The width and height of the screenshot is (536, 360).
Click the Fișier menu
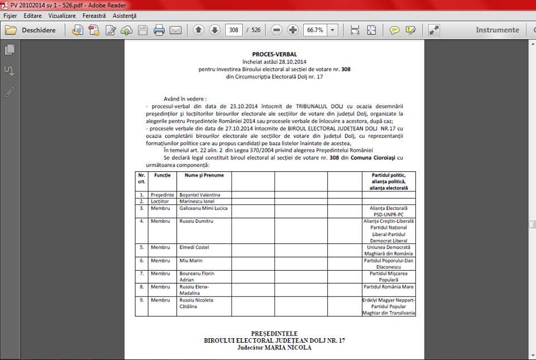coord(10,16)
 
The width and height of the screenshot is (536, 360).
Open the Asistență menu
coord(124,16)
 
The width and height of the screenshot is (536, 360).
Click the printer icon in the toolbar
coord(159,30)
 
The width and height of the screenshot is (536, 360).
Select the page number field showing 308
coord(234,30)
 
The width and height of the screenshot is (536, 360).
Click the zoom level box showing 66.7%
coord(315,30)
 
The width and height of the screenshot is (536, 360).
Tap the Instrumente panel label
coord(497,30)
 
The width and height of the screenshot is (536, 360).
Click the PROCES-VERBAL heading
coord(274,54)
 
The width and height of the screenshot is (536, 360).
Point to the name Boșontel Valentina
coord(199,195)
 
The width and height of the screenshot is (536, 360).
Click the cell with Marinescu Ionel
coord(198,201)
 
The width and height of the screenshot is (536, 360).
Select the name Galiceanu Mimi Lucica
coord(203,208)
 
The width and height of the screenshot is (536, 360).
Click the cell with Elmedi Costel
coord(194,247)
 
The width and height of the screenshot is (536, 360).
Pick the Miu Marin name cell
coord(191,261)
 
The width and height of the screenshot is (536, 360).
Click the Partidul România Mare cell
coord(389,287)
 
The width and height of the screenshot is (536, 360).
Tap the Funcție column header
coord(162,175)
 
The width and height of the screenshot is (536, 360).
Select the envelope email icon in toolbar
coord(175,30)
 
